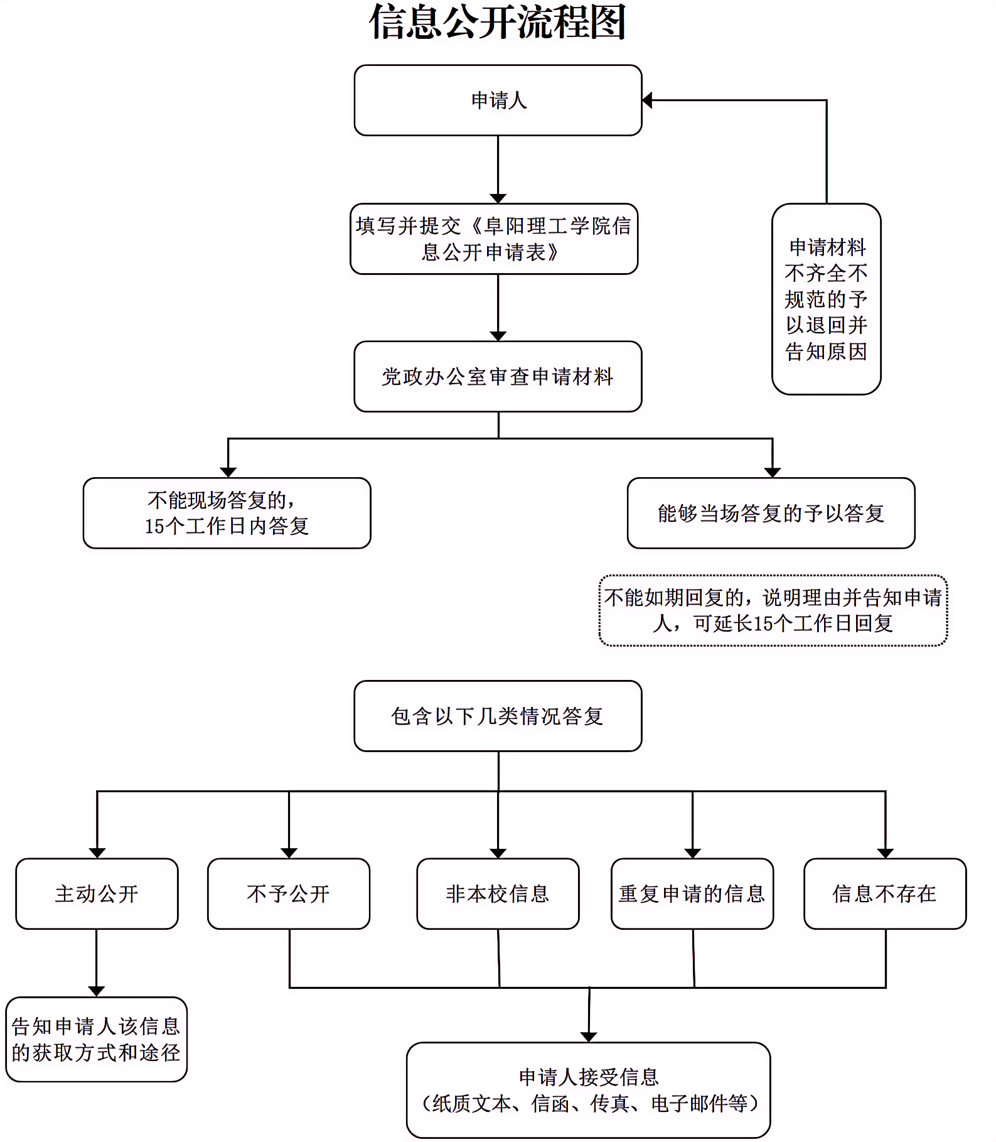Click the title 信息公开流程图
[497, 23]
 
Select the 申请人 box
[498, 100]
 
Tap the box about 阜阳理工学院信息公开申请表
[494, 239]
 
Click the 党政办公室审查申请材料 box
[498, 377]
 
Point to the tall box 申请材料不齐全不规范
[826, 299]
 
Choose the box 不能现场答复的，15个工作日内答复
[227, 513]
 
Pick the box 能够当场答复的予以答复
[771, 513]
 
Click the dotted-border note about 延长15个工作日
[773, 610]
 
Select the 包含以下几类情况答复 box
[498, 716]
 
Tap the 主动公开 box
[97, 893]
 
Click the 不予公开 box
[289, 893]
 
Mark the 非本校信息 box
[498, 893]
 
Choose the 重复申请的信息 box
[692, 893]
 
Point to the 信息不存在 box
[885, 893]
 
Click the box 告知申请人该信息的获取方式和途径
[96, 1040]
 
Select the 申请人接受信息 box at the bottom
[588, 1090]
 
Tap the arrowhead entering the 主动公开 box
[97, 853]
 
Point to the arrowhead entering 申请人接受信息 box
[588, 1037]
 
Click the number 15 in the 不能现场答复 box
[154, 526]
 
